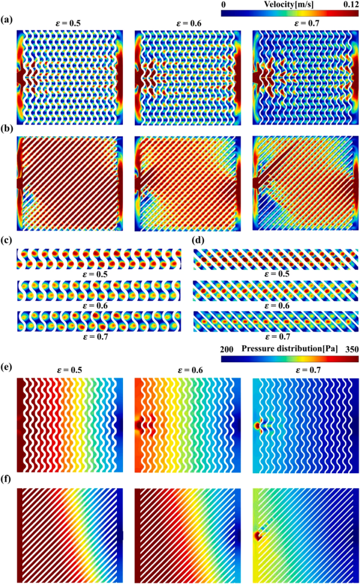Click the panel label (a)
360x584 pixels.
(x=7, y=19)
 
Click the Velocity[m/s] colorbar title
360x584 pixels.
(x=289, y=5)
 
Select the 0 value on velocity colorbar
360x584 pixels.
(x=224, y=5)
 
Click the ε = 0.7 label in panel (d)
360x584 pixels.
(x=275, y=337)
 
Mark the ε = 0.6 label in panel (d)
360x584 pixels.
(x=275, y=306)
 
